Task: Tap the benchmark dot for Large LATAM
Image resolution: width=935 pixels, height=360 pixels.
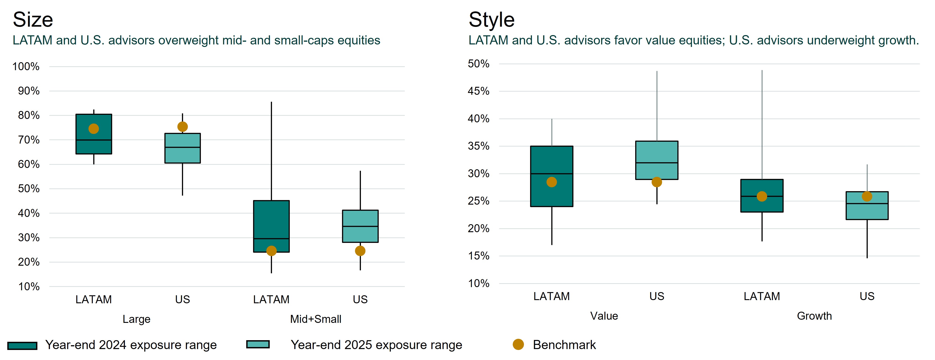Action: pyautogui.click(x=94, y=129)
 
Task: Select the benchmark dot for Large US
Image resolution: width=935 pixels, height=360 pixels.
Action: pyautogui.click(x=183, y=127)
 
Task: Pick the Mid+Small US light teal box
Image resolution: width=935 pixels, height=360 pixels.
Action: pyautogui.click(x=360, y=226)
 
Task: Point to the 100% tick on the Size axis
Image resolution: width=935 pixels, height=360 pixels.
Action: pyautogui.click(x=26, y=66)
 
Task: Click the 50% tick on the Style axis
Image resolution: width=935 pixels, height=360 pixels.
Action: pyautogui.click(x=478, y=64)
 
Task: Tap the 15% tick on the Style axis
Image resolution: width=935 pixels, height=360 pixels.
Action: pyautogui.click(x=478, y=256)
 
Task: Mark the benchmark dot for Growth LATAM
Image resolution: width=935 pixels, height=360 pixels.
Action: pyautogui.click(x=762, y=196)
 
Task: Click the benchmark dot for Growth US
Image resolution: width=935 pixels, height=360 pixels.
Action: pyautogui.click(x=867, y=196)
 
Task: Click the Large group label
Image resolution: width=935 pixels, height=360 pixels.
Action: pyautogui.click(x=137, y=319)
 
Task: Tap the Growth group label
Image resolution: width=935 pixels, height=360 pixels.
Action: pyautogui.click(x=814, y=316)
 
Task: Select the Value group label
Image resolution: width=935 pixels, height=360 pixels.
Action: pyautogui.click(x=604, y=316)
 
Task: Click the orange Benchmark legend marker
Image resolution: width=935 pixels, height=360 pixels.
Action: pyautogui.click(x=518, y=345)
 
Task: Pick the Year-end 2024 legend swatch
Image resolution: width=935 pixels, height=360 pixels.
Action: pyautogui.click(x=22, y=345)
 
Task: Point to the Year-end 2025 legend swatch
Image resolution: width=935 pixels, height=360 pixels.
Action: pyautogui.click(x=258, y=344)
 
